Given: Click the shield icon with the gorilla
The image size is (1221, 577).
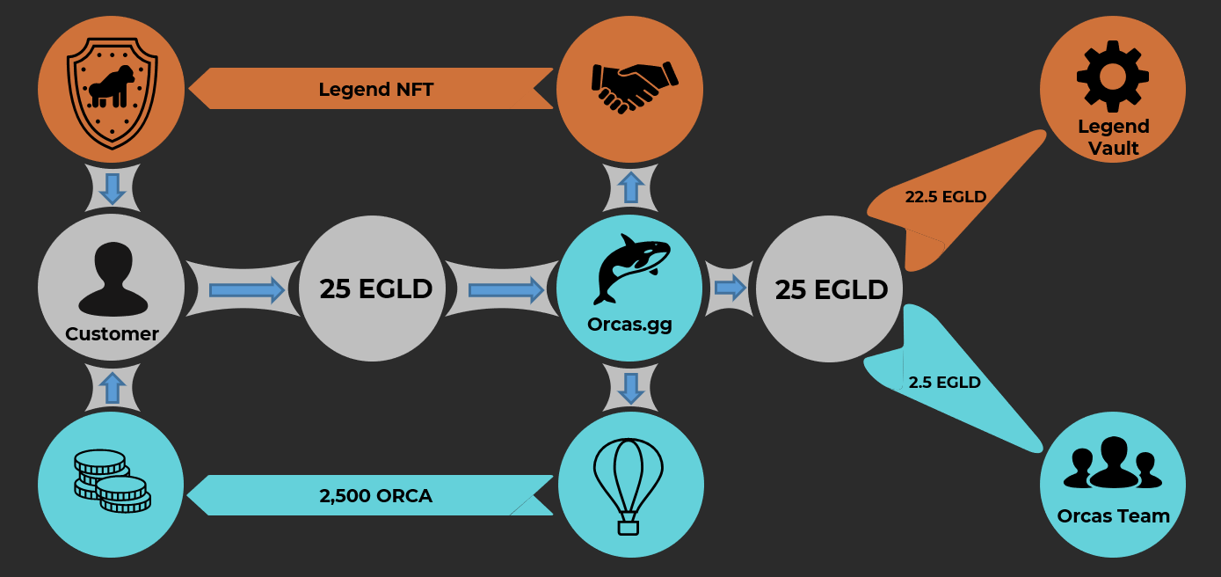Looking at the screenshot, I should click(x=111, y=88).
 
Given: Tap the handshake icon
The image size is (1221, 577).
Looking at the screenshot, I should click(x=629, y=86).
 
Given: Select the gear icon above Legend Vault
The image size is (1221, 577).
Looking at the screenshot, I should click(x=1112, y=76).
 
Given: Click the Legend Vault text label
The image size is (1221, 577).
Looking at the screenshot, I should click(x=1113, y=137).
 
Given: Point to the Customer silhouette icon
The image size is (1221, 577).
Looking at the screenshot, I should click(x=112, y=279).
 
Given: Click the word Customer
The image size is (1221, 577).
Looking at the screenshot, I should click(x=112, y=334).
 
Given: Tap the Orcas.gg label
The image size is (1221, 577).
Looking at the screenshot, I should click(x=629, y=324).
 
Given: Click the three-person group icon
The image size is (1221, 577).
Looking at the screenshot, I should click(x=1112, y=463).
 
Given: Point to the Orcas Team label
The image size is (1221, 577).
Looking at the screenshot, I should click(x=1113, y=515).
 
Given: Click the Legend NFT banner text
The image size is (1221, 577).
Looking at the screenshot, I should click(x=375, y=89).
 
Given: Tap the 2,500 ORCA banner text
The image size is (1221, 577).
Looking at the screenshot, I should click(x=375, y=496).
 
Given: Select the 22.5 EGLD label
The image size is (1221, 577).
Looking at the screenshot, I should click(x=946, y=197).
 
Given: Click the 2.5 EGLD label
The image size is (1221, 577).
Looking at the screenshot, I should click(x=944, y=383).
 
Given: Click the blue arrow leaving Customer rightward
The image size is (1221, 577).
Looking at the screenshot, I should click(x=247, y=288).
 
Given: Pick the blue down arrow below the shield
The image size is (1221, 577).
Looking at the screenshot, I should click(x=112, y=188).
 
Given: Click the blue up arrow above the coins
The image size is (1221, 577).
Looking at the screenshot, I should click(x=112, y=388).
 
